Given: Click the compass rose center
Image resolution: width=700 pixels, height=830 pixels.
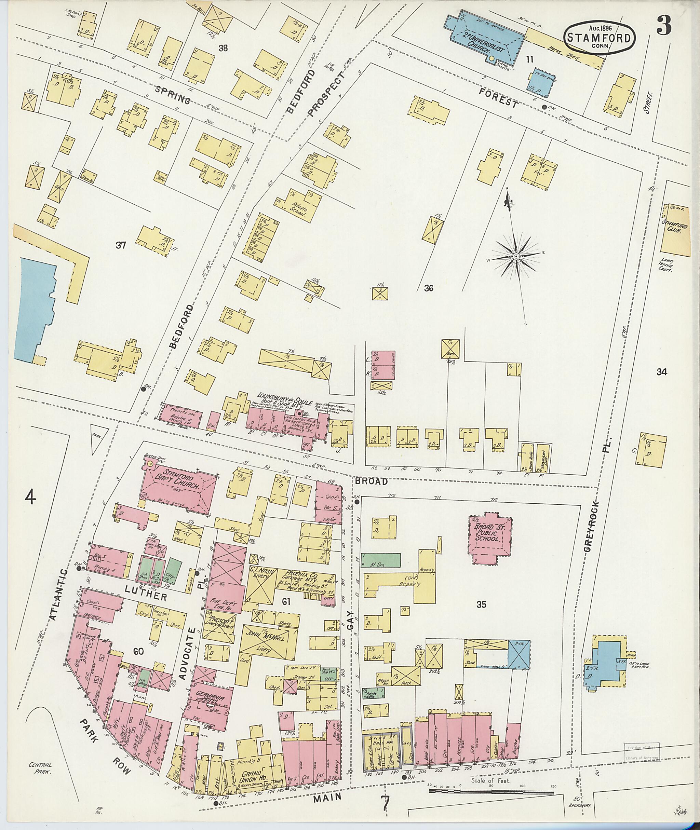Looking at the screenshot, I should (515, 257).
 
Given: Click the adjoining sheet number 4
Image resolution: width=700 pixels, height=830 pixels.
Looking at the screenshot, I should (30, 496).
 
